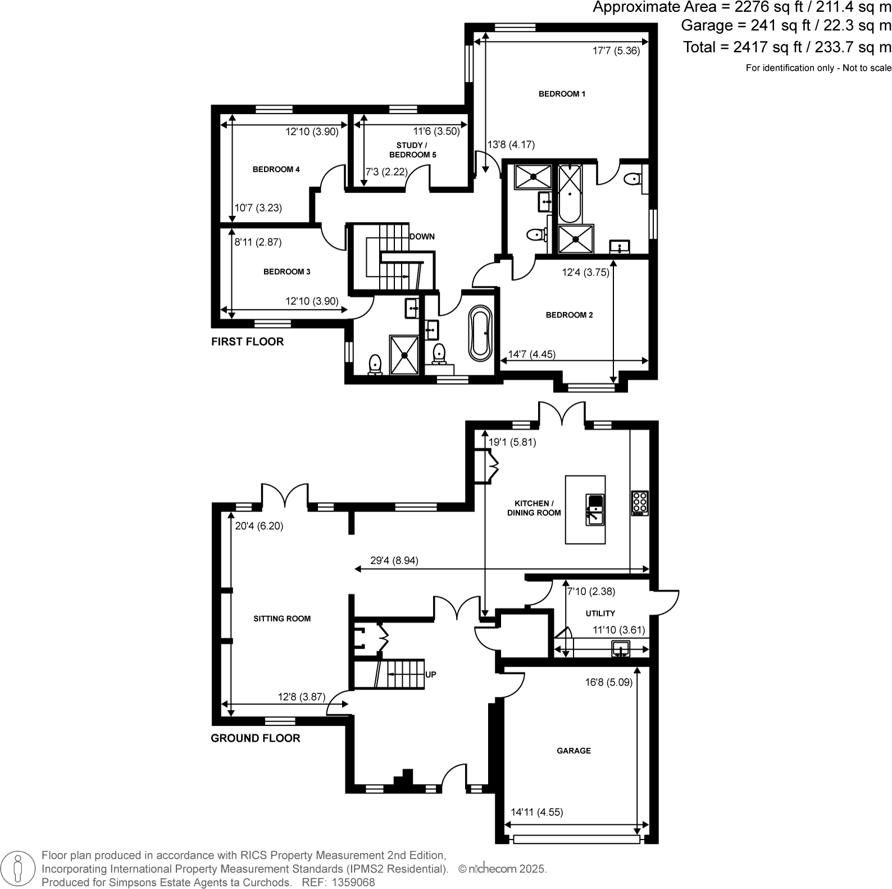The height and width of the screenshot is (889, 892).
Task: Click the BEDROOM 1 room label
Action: pos(562,94)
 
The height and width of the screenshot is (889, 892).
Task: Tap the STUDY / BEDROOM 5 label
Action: pos(413,150)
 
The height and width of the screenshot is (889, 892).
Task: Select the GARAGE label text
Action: pos(574,751)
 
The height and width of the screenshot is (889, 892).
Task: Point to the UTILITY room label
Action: pos(600,614)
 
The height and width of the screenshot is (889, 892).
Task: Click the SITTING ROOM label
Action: pos(282,619)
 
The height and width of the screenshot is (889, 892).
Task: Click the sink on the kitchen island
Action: pos(594,510)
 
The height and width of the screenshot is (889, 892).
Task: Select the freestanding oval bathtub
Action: pos(481,333)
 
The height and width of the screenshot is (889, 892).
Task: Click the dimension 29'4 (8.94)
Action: pos(394,560)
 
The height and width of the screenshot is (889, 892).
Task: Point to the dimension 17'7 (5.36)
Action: pos(616,51)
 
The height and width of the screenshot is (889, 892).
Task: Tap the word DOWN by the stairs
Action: pos(422,237)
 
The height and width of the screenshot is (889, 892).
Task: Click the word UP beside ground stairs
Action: pos(431,674)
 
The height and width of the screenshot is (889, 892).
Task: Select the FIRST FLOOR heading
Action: pos(247,342)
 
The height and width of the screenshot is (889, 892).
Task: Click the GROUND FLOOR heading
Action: pos(256,738)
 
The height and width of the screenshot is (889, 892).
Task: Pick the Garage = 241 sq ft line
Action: pos(786,25)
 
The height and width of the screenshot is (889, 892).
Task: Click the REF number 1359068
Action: pos(354,882)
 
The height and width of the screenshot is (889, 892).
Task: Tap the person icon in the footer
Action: pos(19,869)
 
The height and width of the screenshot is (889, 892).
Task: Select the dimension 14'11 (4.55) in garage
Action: pos(537,812)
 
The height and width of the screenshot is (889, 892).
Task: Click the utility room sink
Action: pos(621,649)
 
